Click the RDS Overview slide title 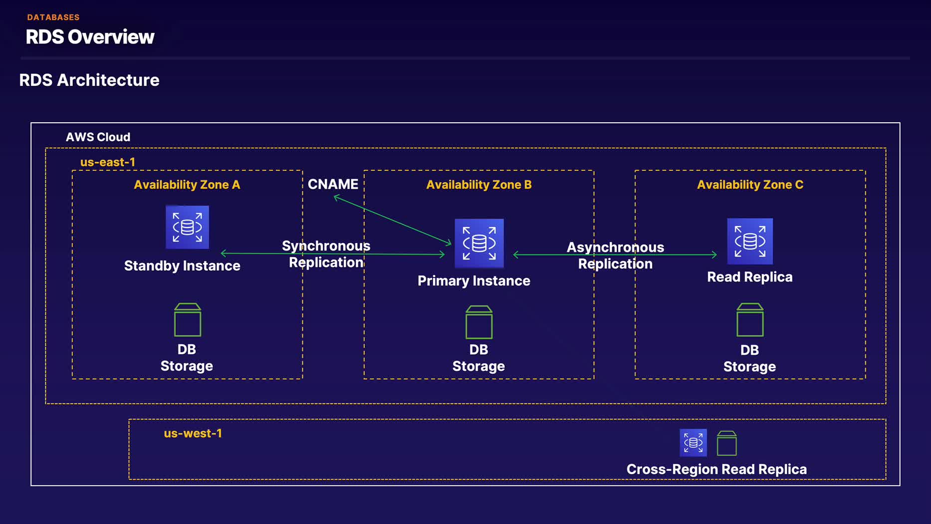click(90, 37)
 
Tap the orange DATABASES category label click(53, 17)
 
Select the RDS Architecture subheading click(89, 80)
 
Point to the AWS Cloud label click(98, 137)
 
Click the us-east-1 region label click(108, 162)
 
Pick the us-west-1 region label click(193, 433)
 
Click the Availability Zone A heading click(187, 185)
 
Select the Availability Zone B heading click(479, 185)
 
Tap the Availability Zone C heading click(750, 185)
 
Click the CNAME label click(333, 184)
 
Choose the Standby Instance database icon click(187, 227)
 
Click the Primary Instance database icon click(479, 243)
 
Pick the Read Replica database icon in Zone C click(750, 241)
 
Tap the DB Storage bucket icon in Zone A click(188, 320)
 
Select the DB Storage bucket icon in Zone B click(479, 322)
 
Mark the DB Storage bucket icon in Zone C click(750, 320)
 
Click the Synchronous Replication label click(326, 254)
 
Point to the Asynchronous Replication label click(615, 256)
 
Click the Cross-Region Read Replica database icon click(693, 443)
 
